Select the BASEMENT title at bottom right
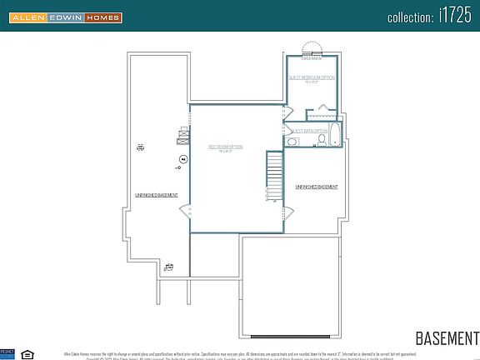447,337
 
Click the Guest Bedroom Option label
312,77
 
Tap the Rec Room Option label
225,147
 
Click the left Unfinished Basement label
157,195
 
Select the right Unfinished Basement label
317,187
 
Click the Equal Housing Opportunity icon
26,353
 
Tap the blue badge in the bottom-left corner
7,353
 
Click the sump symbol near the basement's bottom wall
169,267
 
